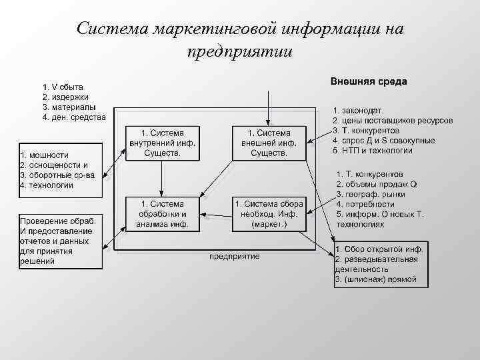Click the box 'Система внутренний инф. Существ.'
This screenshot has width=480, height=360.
[x=162, y=143]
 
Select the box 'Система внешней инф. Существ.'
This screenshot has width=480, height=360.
[x=269, y=143]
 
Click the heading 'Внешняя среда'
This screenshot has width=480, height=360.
[x=369, y=81]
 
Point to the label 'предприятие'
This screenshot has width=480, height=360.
[x=235, y=256]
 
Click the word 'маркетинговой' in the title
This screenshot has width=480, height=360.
[x=214, y=29]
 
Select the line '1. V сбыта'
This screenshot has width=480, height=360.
[x=63, y=87]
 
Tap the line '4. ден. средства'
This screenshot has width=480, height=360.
[x=73, y=117]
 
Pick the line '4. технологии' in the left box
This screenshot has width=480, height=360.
[x=47, y=185]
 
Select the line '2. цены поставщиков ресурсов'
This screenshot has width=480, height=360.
[x=393, y=120]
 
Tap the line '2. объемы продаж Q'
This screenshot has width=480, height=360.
[x=377, y=184]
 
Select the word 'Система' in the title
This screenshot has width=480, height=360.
[x=112, y=29]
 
